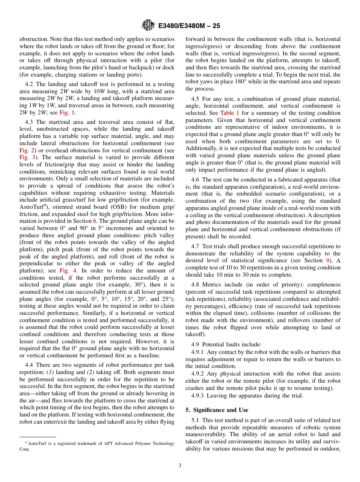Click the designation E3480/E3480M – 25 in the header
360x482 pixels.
coord(189,26)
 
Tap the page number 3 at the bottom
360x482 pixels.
coord(180,466)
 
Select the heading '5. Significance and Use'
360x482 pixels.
coord(217,410)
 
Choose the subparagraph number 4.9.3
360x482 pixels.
coord(199,396)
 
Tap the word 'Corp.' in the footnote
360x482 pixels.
coord(24,449)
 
